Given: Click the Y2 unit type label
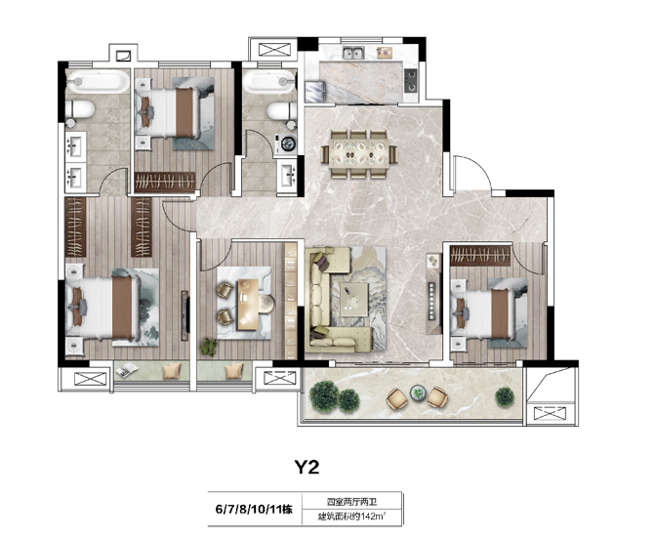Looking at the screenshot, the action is pyautogui.click(x=307, y=467).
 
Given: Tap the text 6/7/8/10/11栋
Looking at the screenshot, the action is pyautogui.click(x=254, y=509).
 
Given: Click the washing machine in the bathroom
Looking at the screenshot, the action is pyautogui.click(x=285, y=145).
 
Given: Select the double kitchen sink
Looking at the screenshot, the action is pyautogui.click(x=353, y=53).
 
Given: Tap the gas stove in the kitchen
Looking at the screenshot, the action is pyautogui.click(x=411, y=80).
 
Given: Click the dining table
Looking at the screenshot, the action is pyautogui.click(x=359, y=153).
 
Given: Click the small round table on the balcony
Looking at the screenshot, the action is pyautogui.click(x=418, y=393).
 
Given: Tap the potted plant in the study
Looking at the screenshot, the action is pyautogui.click(x=208, y=347).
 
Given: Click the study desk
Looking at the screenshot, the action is pyautogui.click(x=249, y=304).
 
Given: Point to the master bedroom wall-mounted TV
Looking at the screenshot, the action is pyautogui.click(x=184, y=315).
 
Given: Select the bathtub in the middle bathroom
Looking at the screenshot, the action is pyautogui.click(x=269, y=82).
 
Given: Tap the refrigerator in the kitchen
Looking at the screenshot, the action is pyautogui.click(x=315, y=92).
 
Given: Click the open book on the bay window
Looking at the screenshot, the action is pyautogui.click(x=127, y=370).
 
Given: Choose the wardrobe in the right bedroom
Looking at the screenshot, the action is pyautogui.click(x=480, y=256).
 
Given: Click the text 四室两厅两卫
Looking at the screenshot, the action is pyautogui.click(x=348, y=501).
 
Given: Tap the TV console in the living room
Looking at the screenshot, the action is pyautogui.click(x=433, y=293).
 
